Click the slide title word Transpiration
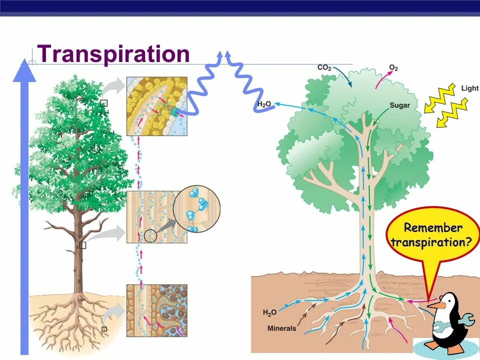click(x=113, y=54)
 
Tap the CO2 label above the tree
click(x=324, y=67)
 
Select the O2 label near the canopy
click(x=393, y=67)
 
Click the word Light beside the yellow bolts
click(x=469, y=88)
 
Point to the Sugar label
click(x=399, y=105)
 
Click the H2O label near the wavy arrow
click(x=264, y=104)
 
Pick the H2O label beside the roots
click(x=269, y=313)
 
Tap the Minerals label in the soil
click(x=282, y=328)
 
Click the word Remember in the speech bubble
click(x=433, y=228)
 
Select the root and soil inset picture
click(x=156, y=310)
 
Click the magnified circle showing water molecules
click(x=196, y=209)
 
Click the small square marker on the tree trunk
click(x=82, y=245)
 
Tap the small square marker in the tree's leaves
click(x=103, y=103)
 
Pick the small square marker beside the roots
click(x=103, y=329)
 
